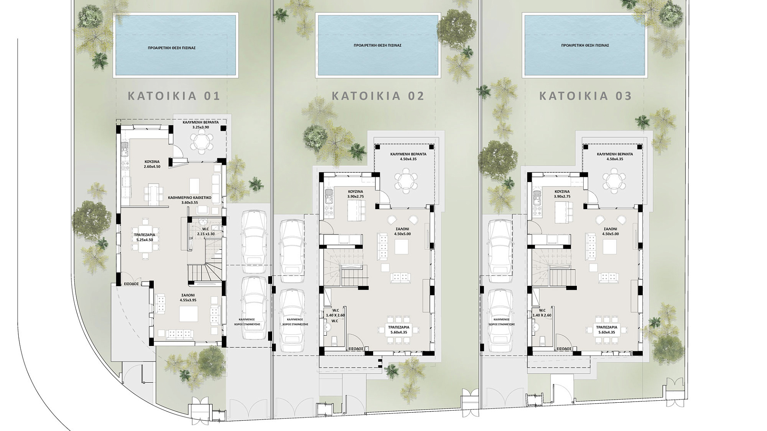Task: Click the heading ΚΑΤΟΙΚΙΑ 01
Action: point(174,96)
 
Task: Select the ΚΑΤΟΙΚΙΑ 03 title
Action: point(586,96)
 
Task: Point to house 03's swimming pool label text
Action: point(585,45)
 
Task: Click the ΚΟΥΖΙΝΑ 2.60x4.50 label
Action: point(152,164)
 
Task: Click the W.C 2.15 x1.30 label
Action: point(206,231)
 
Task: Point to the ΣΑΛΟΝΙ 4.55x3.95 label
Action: point(188,297)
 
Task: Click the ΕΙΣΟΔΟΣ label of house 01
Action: point(131,284)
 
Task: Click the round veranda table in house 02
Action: point(405,180)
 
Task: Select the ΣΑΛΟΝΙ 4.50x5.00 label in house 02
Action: point(402,232)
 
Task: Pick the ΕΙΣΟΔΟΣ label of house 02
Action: point(355,348)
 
